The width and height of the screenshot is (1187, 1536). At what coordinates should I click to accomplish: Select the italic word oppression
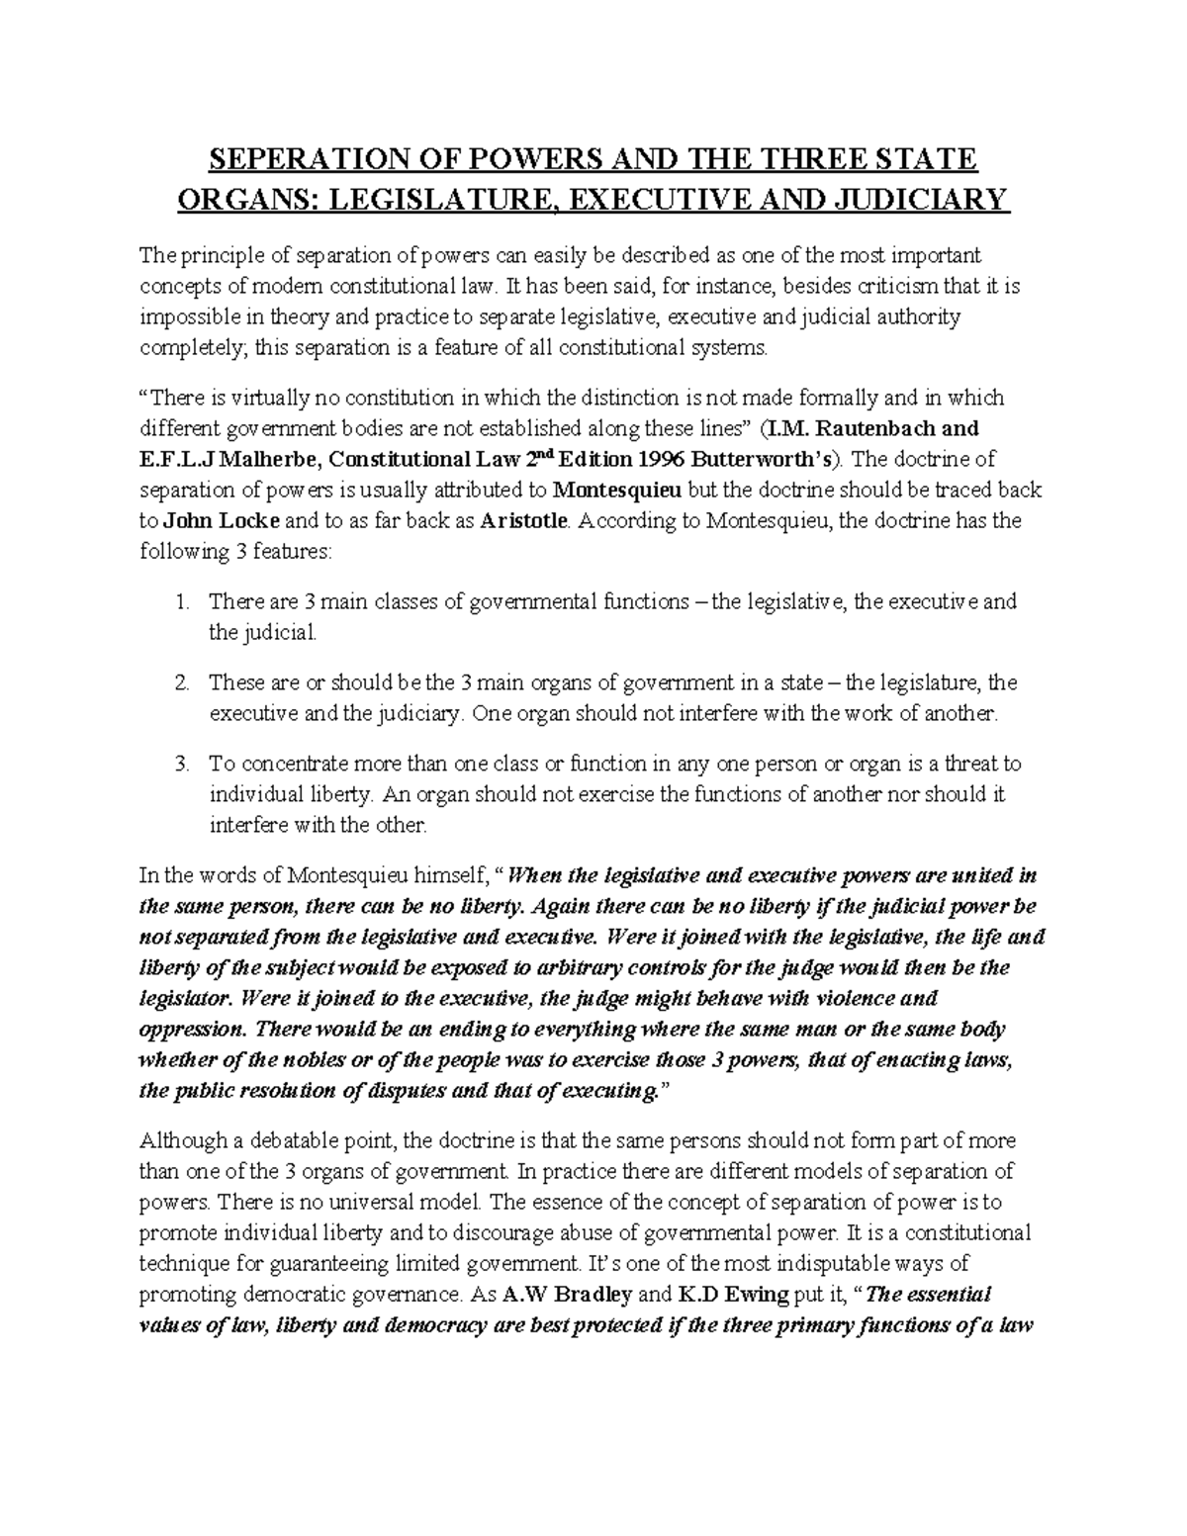(x=192, y=1029)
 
